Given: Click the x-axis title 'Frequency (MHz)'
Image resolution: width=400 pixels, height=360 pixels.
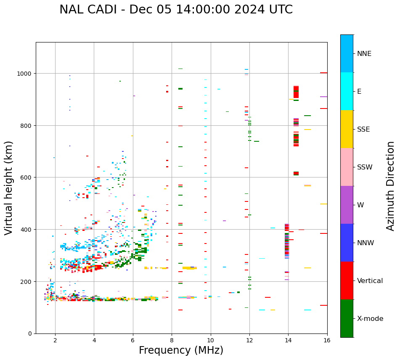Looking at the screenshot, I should coord(181,350).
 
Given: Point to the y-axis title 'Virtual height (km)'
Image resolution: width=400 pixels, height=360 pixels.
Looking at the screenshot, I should coord(9,188).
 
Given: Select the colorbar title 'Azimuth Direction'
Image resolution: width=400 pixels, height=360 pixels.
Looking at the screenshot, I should coord(391,186).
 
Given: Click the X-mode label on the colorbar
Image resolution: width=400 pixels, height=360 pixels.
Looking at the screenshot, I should coord(370,319).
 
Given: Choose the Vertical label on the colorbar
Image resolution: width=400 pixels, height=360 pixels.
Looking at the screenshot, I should coord(370,281).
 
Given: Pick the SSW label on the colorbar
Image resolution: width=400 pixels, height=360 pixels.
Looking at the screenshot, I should coord(365,167).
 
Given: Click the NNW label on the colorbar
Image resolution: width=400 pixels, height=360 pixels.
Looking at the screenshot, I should coord(366,243).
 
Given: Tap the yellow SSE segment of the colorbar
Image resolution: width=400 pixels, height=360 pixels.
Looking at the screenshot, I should coord(347,129).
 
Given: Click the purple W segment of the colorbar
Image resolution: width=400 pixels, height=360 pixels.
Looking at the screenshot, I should coord(347,205).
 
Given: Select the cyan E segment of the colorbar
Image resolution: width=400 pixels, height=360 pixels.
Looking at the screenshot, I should coord(347,91).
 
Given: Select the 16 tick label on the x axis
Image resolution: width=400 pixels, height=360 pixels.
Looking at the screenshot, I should coord(327,341).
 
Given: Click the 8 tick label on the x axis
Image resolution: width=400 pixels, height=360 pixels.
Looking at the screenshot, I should coord(172,341).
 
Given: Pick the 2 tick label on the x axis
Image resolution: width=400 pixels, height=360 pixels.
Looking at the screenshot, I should coord(55,341).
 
